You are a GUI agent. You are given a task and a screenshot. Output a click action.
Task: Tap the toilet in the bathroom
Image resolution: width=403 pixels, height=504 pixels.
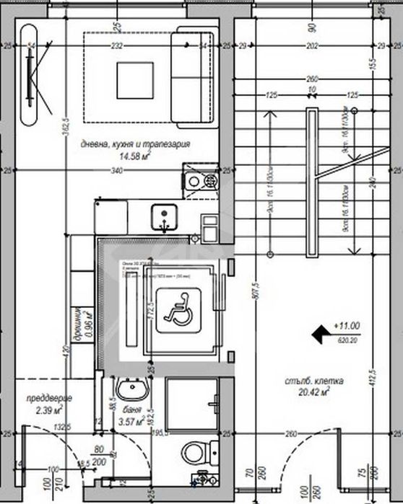pyautogui.click(x=194, y=453)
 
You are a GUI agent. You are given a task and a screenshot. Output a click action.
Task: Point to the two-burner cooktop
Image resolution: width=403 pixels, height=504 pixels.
pyautogui.click(x=202, y=182)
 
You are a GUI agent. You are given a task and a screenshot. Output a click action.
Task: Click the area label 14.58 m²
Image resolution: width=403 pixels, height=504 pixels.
pyautogui.click(x=134, y=156)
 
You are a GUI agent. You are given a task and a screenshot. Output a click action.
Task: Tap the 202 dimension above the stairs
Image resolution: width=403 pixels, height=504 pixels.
pyautogui.click(x=312, y=45)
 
